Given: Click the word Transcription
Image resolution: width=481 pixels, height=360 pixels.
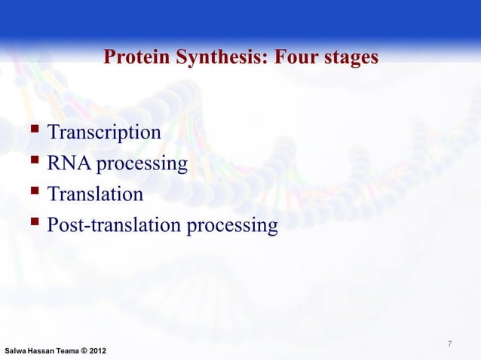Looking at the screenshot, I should pos(104,133).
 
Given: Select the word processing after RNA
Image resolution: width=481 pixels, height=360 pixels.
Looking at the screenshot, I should pos(142,164).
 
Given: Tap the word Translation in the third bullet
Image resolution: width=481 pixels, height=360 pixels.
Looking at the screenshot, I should pos(95,194).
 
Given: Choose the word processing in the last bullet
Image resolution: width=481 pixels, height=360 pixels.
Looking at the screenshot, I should pos(234,226).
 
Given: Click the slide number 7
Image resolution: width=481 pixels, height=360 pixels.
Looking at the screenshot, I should pos(449,344).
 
